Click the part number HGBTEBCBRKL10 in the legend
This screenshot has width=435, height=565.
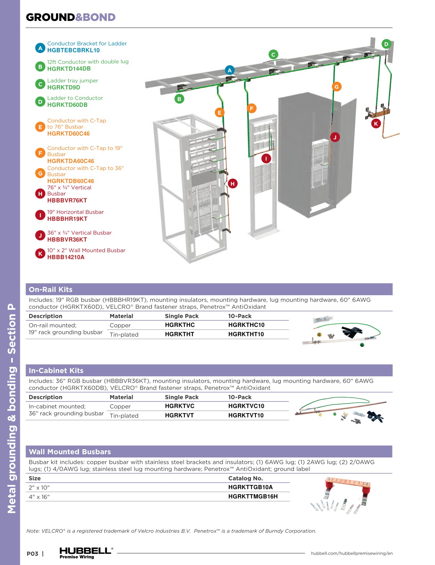73,51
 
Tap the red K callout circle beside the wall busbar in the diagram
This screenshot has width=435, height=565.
375,123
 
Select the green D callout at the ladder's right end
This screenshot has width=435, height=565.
386,44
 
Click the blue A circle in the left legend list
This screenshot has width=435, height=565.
40,48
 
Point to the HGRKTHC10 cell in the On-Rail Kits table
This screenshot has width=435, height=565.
246,325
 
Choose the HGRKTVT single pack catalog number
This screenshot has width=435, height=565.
179,415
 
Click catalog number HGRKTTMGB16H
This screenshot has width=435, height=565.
253,496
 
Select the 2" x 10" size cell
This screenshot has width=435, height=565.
39,487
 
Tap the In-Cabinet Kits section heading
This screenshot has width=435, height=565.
56,371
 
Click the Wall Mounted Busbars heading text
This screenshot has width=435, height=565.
70,452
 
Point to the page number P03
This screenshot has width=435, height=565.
32,553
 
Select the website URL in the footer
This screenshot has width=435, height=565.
351,553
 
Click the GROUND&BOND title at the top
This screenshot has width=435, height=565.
71,17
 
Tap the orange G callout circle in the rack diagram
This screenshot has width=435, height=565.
336,87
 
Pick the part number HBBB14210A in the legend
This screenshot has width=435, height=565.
66,257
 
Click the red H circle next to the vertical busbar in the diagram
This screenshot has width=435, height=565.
232,184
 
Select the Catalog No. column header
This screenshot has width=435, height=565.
245,478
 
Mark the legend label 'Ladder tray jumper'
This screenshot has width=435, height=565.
72,80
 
